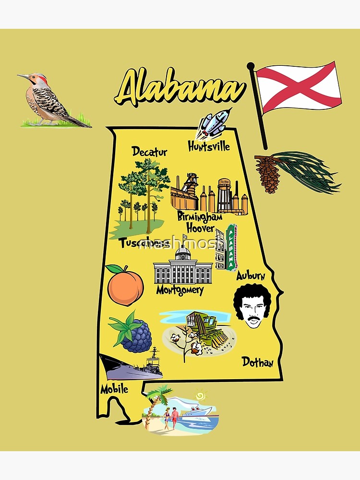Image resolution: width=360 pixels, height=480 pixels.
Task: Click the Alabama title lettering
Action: point(180,89)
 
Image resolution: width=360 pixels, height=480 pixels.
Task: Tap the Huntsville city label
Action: point(209,146)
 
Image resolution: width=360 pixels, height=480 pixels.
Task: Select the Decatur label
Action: point(150,152)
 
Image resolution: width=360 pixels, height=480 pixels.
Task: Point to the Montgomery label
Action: point(180,290)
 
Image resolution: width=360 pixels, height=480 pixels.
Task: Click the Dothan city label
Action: point(257,362)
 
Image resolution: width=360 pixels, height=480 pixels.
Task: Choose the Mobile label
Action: point(114,389)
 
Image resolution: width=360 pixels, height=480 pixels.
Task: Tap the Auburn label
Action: point(251,276)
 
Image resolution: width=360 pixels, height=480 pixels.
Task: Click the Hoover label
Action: point(200,228)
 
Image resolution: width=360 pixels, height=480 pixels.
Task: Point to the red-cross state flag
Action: point(298,87)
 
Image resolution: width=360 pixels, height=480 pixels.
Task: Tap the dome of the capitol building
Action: point(183,252)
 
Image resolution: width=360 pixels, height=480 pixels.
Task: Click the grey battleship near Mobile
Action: point(132,367)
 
